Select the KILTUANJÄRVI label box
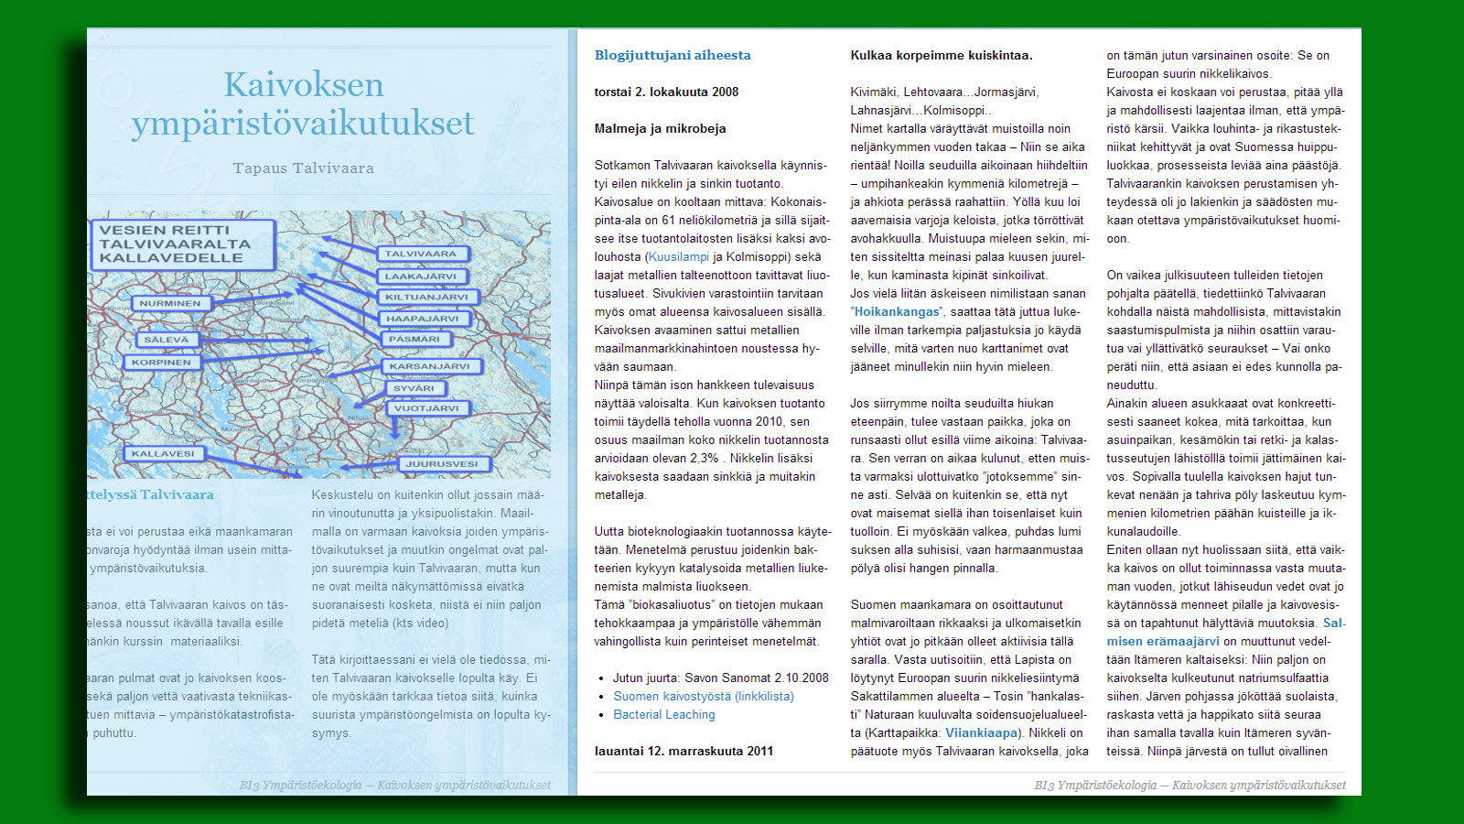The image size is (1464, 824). [426, 297]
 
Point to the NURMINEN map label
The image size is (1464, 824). [170, 303]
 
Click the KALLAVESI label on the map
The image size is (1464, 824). [163, 453]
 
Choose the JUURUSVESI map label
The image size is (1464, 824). [442, 463]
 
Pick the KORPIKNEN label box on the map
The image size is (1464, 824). [161, 363]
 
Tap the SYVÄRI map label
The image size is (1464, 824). [414, 388]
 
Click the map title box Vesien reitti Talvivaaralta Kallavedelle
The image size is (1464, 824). [182, 244]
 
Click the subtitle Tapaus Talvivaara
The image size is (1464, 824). [303, 168]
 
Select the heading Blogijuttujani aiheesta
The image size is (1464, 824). [673, 55]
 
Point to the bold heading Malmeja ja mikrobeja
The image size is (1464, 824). [660, 128]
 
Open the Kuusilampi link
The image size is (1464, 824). [678, 257]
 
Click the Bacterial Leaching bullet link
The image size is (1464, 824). [664, 714]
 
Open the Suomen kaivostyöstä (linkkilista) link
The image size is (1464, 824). [704, 696]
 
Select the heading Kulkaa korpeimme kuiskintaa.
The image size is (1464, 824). [942, 55]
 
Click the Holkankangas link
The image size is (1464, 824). [897, 312]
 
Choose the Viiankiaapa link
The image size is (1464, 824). [981, 732]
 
